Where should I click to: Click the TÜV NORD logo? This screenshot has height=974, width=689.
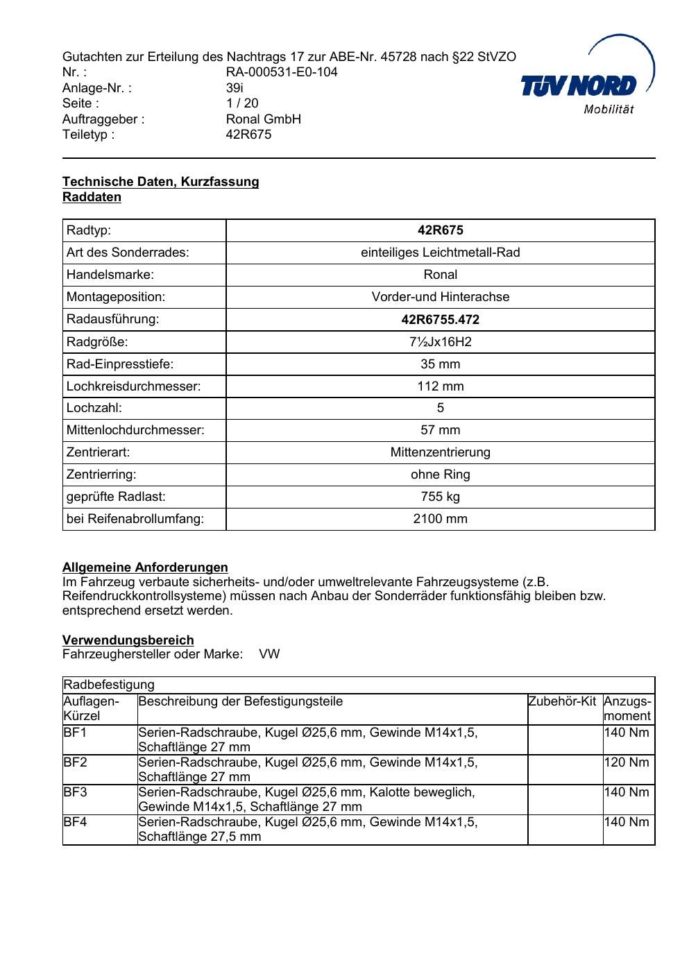point(586,85)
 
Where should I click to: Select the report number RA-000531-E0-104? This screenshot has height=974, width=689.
point(282,72)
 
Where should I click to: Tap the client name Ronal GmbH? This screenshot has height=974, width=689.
point(264,119)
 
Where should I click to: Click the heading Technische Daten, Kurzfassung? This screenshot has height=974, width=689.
point(160,182)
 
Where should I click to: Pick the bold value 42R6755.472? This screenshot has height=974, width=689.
point(440,320)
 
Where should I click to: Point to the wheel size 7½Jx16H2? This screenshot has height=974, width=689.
point(440,342)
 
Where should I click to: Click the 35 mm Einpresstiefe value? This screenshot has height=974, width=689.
point(440,364)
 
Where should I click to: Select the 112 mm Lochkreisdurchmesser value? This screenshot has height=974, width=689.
point(440,386)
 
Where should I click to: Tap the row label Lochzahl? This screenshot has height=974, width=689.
point(94,408)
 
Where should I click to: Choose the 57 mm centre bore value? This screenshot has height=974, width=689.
point(440,430)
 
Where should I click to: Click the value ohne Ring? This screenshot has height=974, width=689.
point(440,475)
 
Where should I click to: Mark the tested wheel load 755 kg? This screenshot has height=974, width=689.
point(440,497)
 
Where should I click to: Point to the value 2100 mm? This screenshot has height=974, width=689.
point(440,519)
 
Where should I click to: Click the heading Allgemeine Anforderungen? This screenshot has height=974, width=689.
point(145,567)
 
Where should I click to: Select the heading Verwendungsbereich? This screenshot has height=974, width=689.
point(128,640)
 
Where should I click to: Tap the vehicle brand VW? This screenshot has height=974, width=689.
point(269,654)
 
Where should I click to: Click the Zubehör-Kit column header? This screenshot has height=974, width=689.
point(562,701)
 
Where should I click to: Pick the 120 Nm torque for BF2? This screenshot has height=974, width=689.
point(627,762)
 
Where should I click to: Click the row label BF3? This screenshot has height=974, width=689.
point(76,792)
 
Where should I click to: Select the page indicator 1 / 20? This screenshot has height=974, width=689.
point(242,103)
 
